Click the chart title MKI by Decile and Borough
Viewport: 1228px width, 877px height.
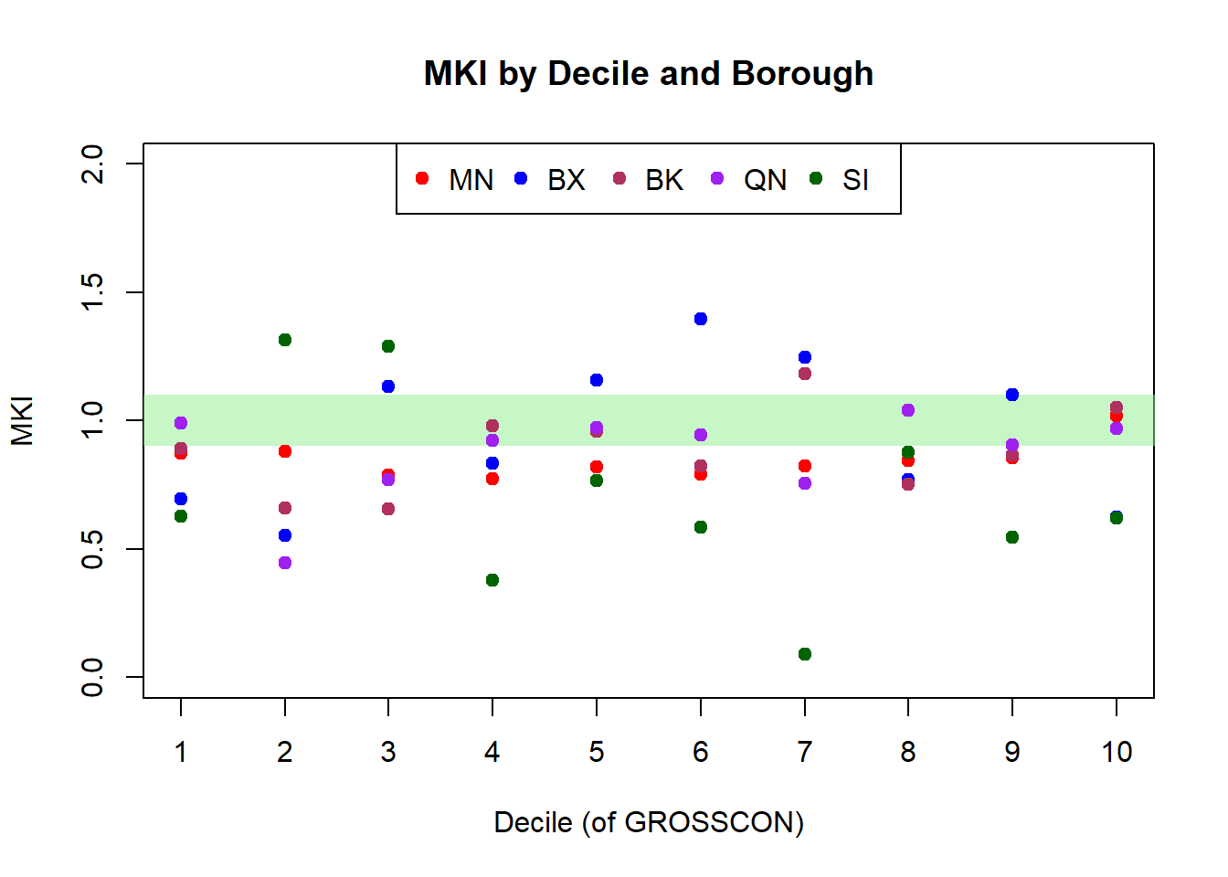648,74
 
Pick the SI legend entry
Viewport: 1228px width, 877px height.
841,180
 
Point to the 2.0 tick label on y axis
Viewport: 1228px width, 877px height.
92,164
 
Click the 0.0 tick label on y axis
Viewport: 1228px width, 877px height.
92,677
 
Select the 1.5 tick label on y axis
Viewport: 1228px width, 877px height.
92,292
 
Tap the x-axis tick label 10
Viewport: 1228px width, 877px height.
1117,752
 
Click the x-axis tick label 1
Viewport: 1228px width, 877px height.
181,752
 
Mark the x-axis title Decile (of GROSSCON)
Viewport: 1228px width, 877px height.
649,822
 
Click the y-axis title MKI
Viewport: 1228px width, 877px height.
22,420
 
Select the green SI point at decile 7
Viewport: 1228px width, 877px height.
805,654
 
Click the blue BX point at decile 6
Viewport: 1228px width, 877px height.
701,319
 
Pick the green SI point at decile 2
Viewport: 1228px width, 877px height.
285,340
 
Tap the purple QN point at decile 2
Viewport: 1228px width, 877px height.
285,563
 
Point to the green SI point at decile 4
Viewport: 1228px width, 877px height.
492,580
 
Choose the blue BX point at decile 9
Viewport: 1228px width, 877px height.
1012,395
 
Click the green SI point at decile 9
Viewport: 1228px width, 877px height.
1012,537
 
